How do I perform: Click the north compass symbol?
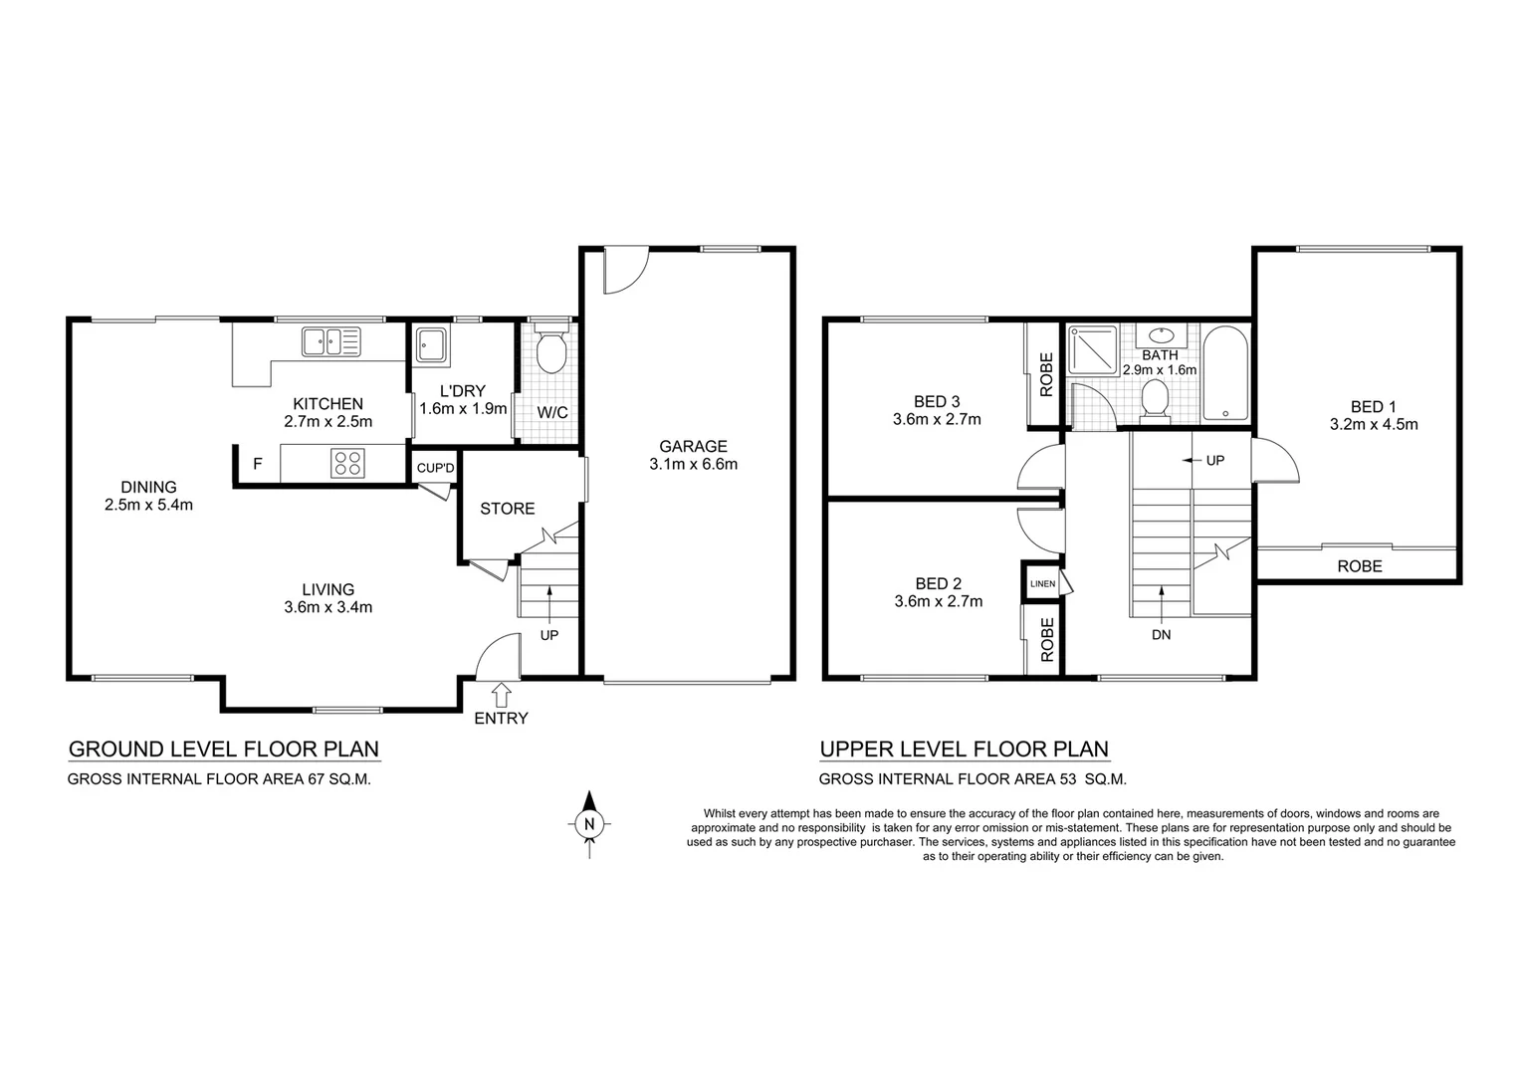click(x=589, y=823)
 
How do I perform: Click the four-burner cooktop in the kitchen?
click(x=347, y=462)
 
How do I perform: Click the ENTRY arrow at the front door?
click(x=501, y=694)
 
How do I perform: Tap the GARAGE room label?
click(x=693, y=446)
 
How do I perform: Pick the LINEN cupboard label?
click(x=1041, y=583)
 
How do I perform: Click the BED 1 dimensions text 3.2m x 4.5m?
click(x=1374, y=424)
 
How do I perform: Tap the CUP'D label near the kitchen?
click(x=435, y=468)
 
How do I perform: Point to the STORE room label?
click(x=508, y=509)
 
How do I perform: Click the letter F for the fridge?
click(x=258, y=464)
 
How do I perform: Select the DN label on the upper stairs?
click(x=1161, y=635)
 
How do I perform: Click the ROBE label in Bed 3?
click(x=1046, y=375)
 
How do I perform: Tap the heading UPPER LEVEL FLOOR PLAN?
click(x=964, y=750)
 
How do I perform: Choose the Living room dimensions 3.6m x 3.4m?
click(x=327, y=607)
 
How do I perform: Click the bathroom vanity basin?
click(x=1160, y=336)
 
